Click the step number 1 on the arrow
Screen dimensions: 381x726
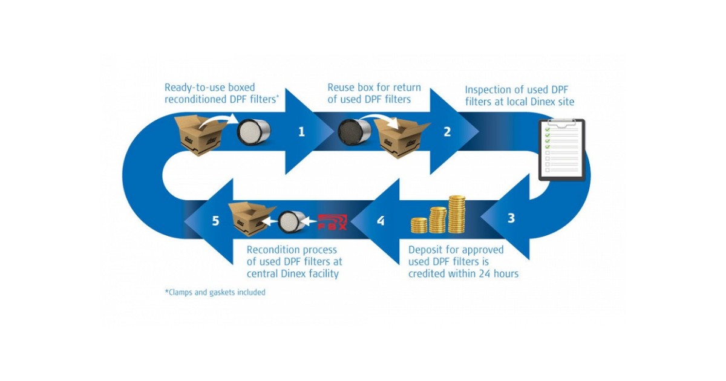point(301,131)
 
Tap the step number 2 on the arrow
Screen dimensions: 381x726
point(447,131)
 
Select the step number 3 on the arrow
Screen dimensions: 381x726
point(511,218)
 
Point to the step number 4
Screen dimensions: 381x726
point(380,221)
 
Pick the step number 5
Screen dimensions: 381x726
point(216,221)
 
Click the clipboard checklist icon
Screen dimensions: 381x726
point(562,149)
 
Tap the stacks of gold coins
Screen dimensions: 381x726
point(440,216)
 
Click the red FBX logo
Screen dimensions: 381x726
point(332,222)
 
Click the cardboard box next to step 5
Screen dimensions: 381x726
point(248,219)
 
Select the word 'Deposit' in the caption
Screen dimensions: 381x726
point(428,249)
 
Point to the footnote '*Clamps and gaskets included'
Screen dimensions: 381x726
point(215,292)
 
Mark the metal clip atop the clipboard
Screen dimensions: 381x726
point(562,122)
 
